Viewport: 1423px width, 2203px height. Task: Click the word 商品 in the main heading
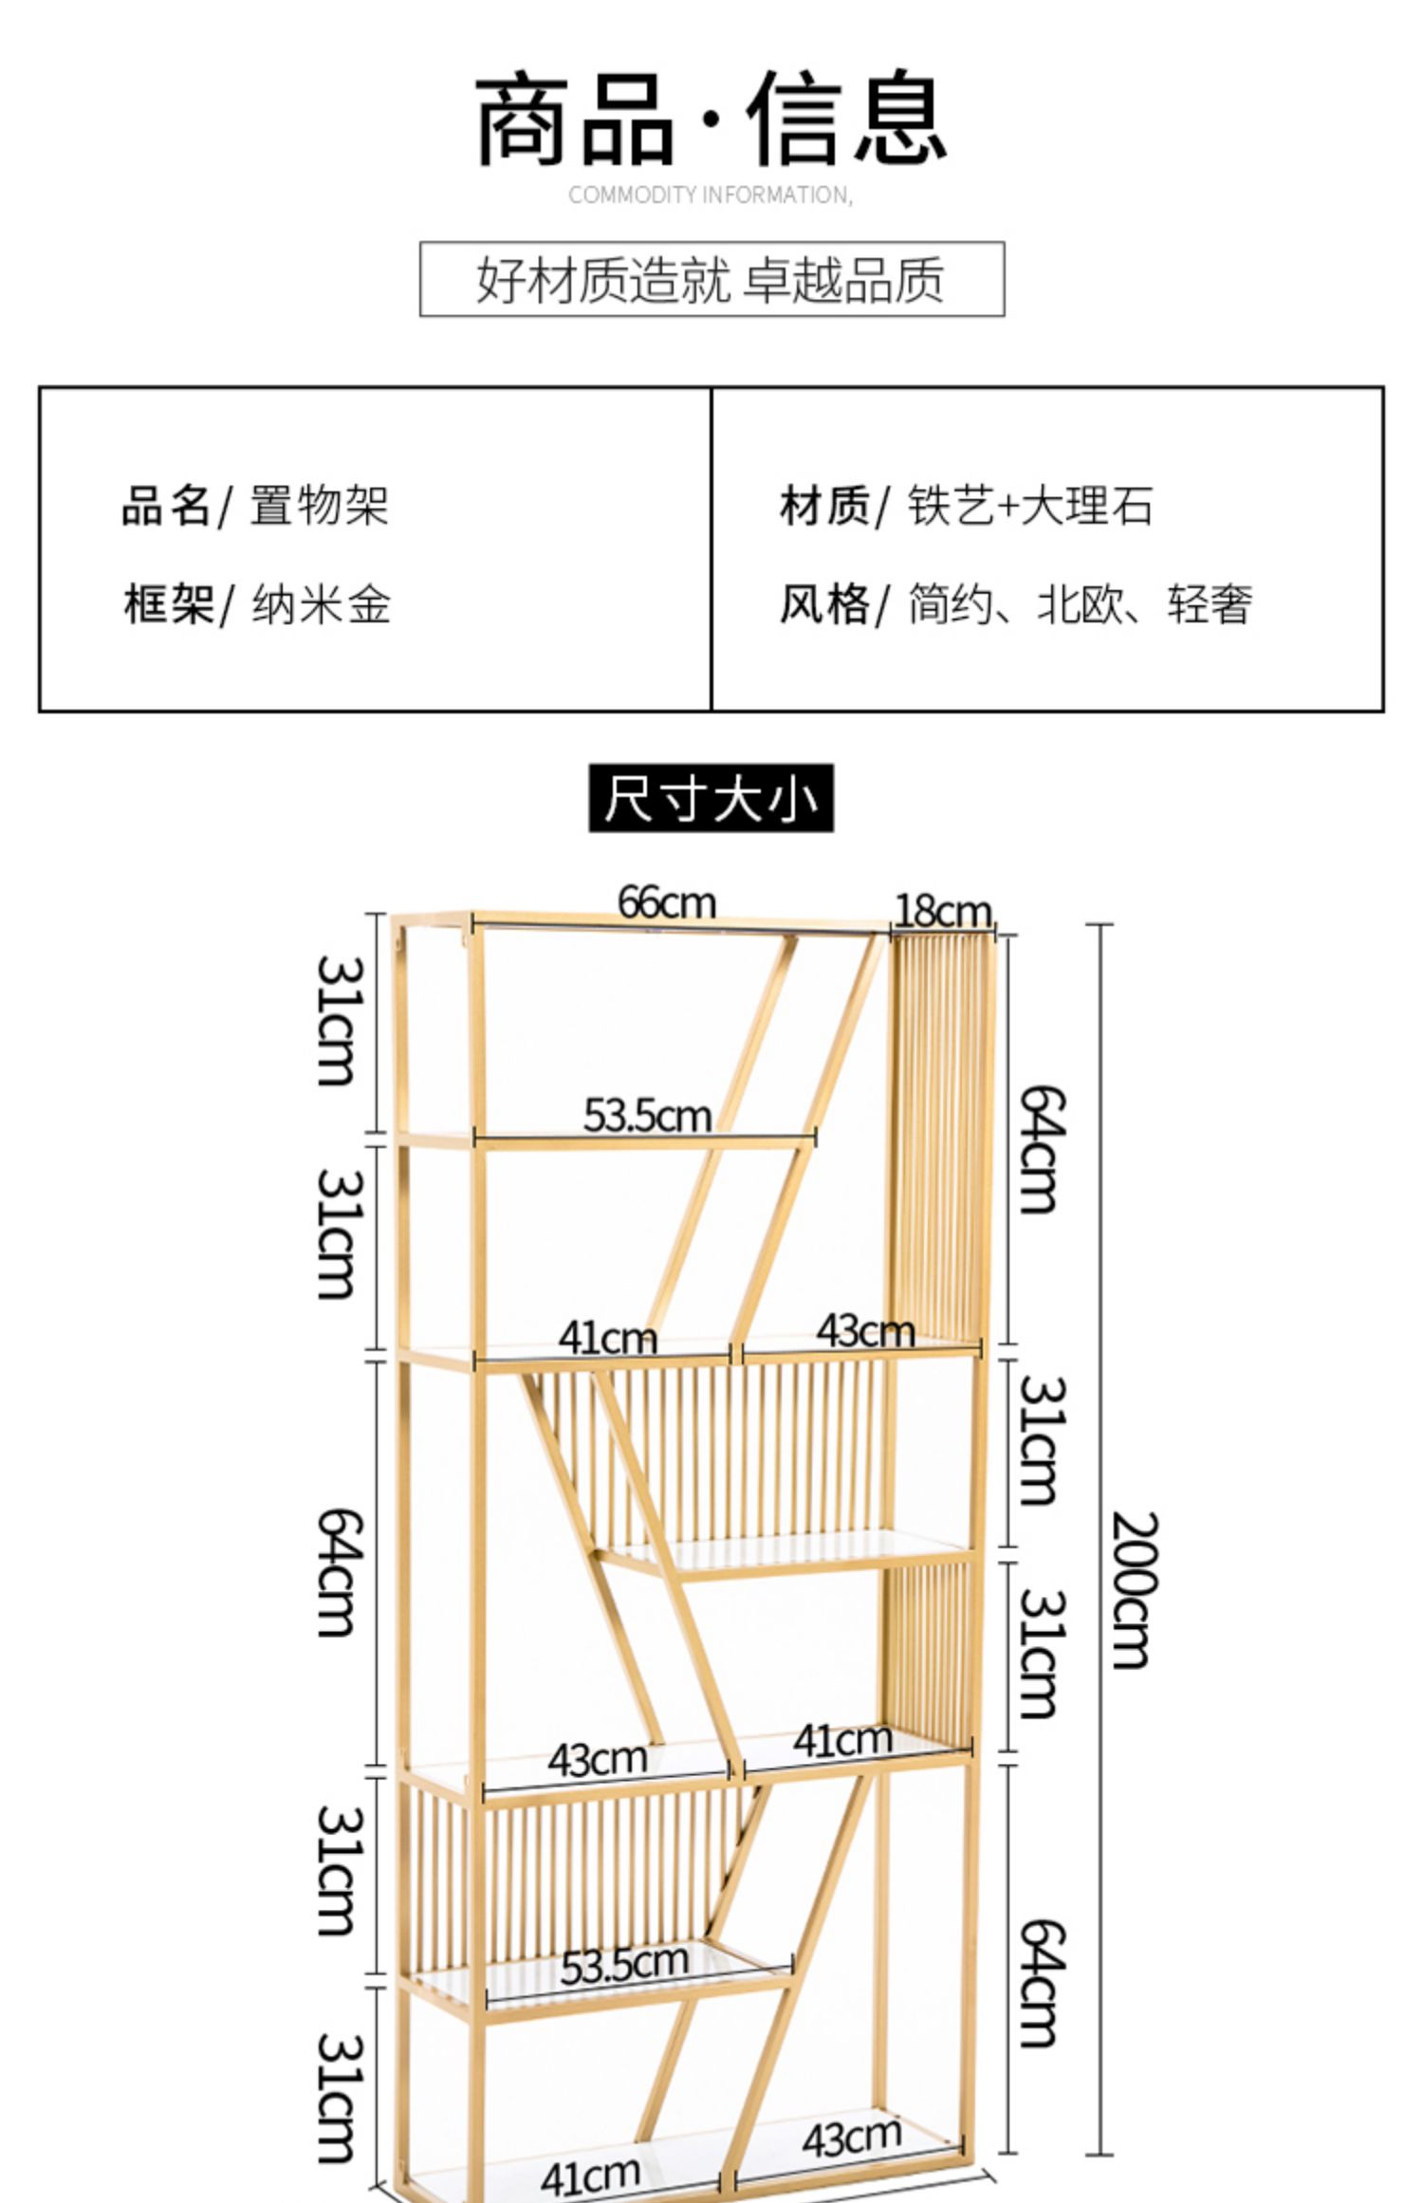(x=575, y=120)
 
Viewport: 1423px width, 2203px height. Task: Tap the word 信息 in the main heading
(x=846, y=120)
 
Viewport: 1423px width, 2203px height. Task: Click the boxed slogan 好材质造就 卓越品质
(x=711, y=279)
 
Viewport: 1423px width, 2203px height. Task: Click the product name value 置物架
(x=320, y=505)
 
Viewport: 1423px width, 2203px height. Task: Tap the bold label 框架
(x=167, y=604)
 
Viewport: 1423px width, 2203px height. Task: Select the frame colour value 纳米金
(x=322, y=604)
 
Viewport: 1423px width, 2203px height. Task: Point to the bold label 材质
(x=823, y=505)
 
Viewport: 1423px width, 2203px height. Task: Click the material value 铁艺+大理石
(x=1030, y=505)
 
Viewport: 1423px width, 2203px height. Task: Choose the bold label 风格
(x=823, y=604)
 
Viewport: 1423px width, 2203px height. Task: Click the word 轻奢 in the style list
(x=1209, y=604)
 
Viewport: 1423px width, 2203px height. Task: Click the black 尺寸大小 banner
(x=711, y=798)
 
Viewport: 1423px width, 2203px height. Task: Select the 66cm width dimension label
(x=666, y=902)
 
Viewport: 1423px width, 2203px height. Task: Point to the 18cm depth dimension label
(x=942, y=912)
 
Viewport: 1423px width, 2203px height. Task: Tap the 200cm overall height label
(x=1133, y=1589)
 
